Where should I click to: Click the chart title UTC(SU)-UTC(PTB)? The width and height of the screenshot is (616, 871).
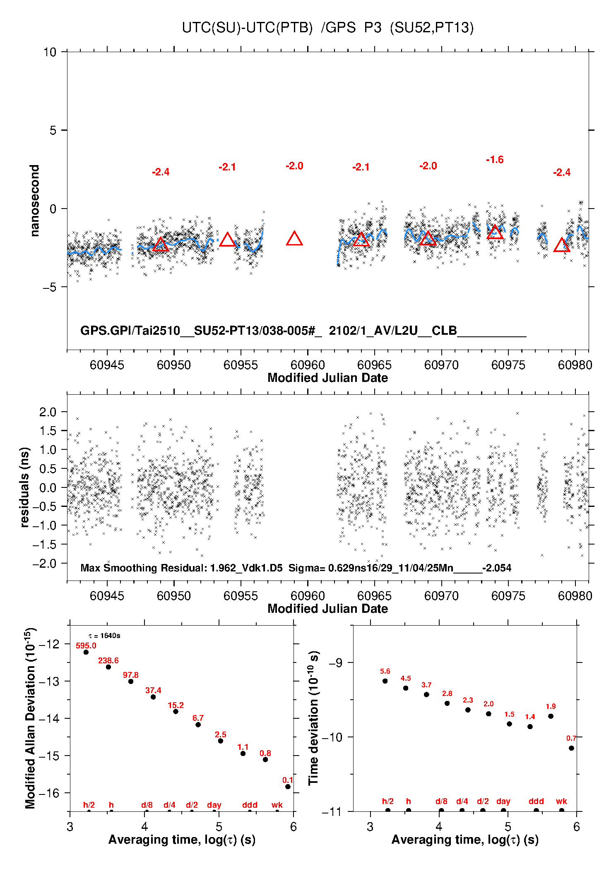[247, 28]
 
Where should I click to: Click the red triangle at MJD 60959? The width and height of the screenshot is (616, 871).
[294, 239]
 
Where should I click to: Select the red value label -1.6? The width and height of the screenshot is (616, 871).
[495, 160]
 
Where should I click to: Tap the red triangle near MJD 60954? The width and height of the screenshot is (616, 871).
[227, 240]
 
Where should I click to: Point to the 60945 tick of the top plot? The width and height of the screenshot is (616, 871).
[107, 365]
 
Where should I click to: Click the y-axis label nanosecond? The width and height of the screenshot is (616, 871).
[35, 201]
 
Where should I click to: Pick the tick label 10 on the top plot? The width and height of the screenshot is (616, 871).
[50, 52]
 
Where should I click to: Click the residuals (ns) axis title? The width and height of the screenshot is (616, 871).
[25, 487]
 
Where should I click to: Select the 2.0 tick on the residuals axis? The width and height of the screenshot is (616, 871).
[48, 412]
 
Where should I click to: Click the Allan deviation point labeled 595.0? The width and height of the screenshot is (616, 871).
[86, 652]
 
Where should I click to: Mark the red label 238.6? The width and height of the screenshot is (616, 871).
[108, 660]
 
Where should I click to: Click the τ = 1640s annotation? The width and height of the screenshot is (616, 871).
[104, 636]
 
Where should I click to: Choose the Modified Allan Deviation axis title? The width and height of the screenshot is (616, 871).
[30, 718]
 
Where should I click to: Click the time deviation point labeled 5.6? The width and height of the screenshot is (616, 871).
[385, 681]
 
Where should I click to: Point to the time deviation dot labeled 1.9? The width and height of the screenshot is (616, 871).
[551, 716]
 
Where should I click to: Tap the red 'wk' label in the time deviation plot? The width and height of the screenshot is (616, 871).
[561, 801]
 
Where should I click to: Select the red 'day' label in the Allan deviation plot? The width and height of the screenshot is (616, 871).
[214, 805]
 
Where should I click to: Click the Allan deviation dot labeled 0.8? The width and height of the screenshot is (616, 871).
[265, 759]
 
